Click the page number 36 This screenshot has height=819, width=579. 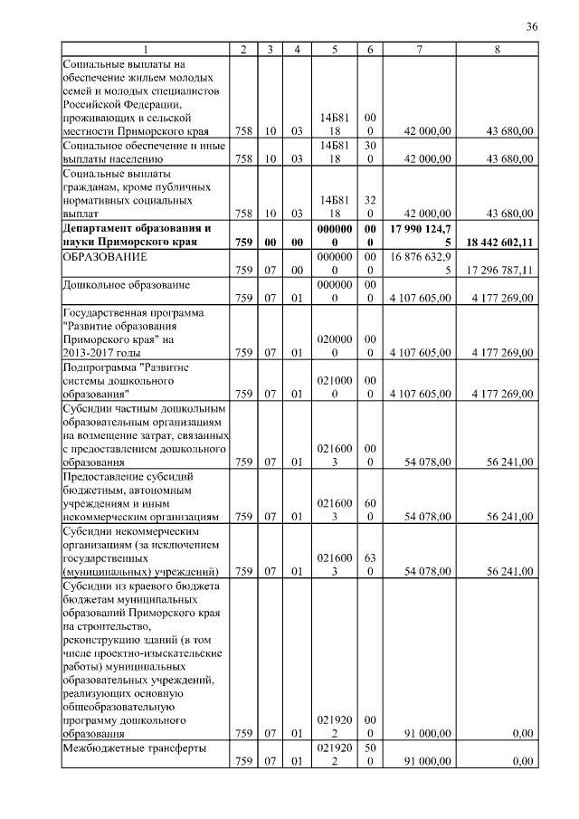click(x=532, y=27)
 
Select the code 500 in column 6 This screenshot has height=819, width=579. click(x=369, y=755)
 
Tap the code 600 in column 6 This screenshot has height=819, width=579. click(x=369, y=510)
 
